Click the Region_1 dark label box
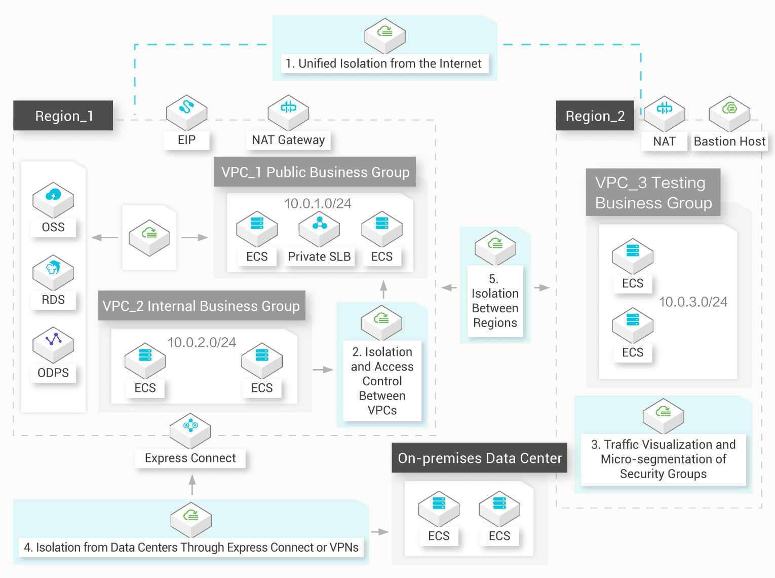click(x=63, y=116)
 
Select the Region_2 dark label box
click(x=595, y=116)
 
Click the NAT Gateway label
click(x=288, y=140)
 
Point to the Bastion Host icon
click(x=729, y=113)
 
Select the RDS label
click(x=53, y=300)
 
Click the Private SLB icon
click(x=319, y=228)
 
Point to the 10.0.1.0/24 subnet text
click(x=318, y=203)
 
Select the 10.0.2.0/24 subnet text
click(x=202, y=342)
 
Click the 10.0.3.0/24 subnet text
click(x=693, y=302)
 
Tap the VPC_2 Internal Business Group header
click(x=201, y=306)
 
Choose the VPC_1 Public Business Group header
click(x=315, y=172)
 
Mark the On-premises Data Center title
click(x=480, y=458)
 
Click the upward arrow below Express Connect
click(x=192, y=484)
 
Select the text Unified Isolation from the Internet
click(x=384, y=63)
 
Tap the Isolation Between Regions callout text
click(x=495, y=301)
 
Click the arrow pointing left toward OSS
click(x=104, y=237)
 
